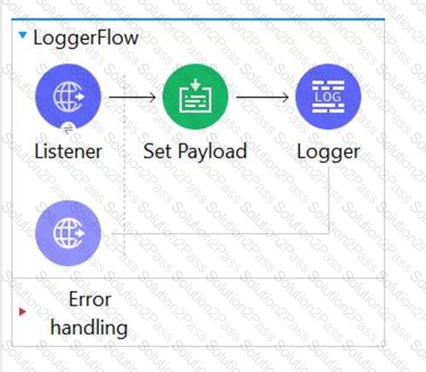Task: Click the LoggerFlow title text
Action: pyautogui.click(x=86, y=39)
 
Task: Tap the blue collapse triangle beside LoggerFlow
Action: pyautogui.click(x=23, y=35)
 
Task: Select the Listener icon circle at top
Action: pyautogui.click(x=68, y=96)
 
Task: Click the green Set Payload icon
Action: pyautogui.click(x=195, y=97)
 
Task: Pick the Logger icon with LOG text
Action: pyautogui.click(x=328, y=97)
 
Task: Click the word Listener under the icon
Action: pyautogui.click(x=68, y=152)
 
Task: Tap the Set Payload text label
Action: pyautogui.click(x=195, y=152)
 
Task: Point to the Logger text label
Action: pyautogui.click(x=328, y=152)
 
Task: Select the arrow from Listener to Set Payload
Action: pyautogui.click(x=132, y=97)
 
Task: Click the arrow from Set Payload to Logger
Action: pyautogui.click(x=263, y=97)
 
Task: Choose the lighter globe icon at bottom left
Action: pyautogui.click(x=68, y=233)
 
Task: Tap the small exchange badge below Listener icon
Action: pyautogui.click(x=68, y=129)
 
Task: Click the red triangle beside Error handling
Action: pyautogui.click(x=23, y=311)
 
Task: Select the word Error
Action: pyautogui.click(x=90, y=299)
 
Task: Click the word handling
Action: pyautogui.click(x=89, y=327)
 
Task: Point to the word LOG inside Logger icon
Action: pyautogui.click(x=328, y=97)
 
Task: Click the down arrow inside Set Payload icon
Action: pyautogui.click(x=195, y=85)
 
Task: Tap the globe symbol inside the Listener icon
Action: pyautogui.click(x=69, y=96)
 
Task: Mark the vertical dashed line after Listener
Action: pyautogui.click(x=124, y=165)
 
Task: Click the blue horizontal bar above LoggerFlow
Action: pyautogui.click(x=198, y=19)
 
